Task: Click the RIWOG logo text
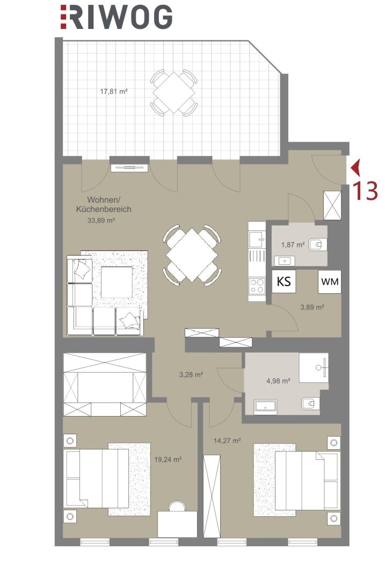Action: pos(117,17)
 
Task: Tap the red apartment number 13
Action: pos(366,191)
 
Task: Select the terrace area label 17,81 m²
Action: pos(114,91)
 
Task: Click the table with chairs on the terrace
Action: pos(173,93)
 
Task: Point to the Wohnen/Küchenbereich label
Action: pos(104,205)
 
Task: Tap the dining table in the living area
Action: pos(192,255)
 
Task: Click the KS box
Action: pos(284,282)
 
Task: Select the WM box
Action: pos(330,282)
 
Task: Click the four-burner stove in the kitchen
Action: pos(257,285)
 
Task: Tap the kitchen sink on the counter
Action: pos(257,239)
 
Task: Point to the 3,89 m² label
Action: pos(313,307)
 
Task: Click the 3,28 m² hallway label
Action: pos(191,375)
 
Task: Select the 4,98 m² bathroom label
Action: pos(278,381)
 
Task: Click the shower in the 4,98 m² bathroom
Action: pos(314,368)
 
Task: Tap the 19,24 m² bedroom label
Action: pos(168,460)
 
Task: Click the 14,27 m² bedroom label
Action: pos(228,441)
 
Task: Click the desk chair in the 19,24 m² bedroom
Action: pos(177,506)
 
